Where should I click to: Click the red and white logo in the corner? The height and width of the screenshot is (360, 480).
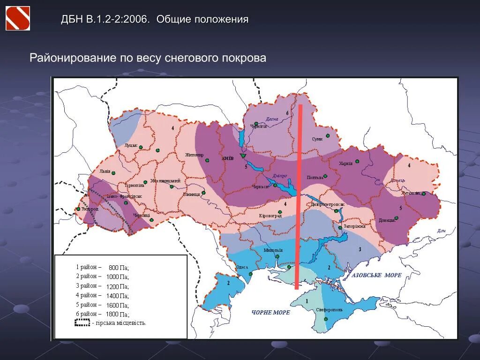pos(18,18)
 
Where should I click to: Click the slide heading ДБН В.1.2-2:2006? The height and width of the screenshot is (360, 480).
pos(105,20)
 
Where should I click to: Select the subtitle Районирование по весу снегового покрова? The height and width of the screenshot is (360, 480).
pos(148,58)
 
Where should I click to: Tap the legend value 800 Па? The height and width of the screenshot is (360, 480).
pos(118,268)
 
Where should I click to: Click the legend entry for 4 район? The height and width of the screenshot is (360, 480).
pos(89,295)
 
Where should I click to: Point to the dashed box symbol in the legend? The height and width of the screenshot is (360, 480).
pos(82,322)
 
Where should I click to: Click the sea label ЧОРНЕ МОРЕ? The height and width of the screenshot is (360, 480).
pos(270,312)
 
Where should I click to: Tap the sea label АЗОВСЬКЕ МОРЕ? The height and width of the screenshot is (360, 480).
pos(376,275)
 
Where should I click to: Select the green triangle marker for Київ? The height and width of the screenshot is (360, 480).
pos(243,156)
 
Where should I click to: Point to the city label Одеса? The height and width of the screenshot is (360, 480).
pos(242,267)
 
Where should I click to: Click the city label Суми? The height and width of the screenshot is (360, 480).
pos(317,139)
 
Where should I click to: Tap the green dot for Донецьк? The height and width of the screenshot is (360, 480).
pos(397,217)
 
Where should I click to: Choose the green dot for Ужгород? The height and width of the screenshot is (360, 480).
pos(78,210)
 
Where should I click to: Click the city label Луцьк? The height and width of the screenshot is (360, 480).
pos(131,145)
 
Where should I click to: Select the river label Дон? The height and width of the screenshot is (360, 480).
pos(440,231)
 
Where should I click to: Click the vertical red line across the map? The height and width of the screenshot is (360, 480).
pos(298,197)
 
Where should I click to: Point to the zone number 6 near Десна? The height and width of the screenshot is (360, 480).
pos(287,113)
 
